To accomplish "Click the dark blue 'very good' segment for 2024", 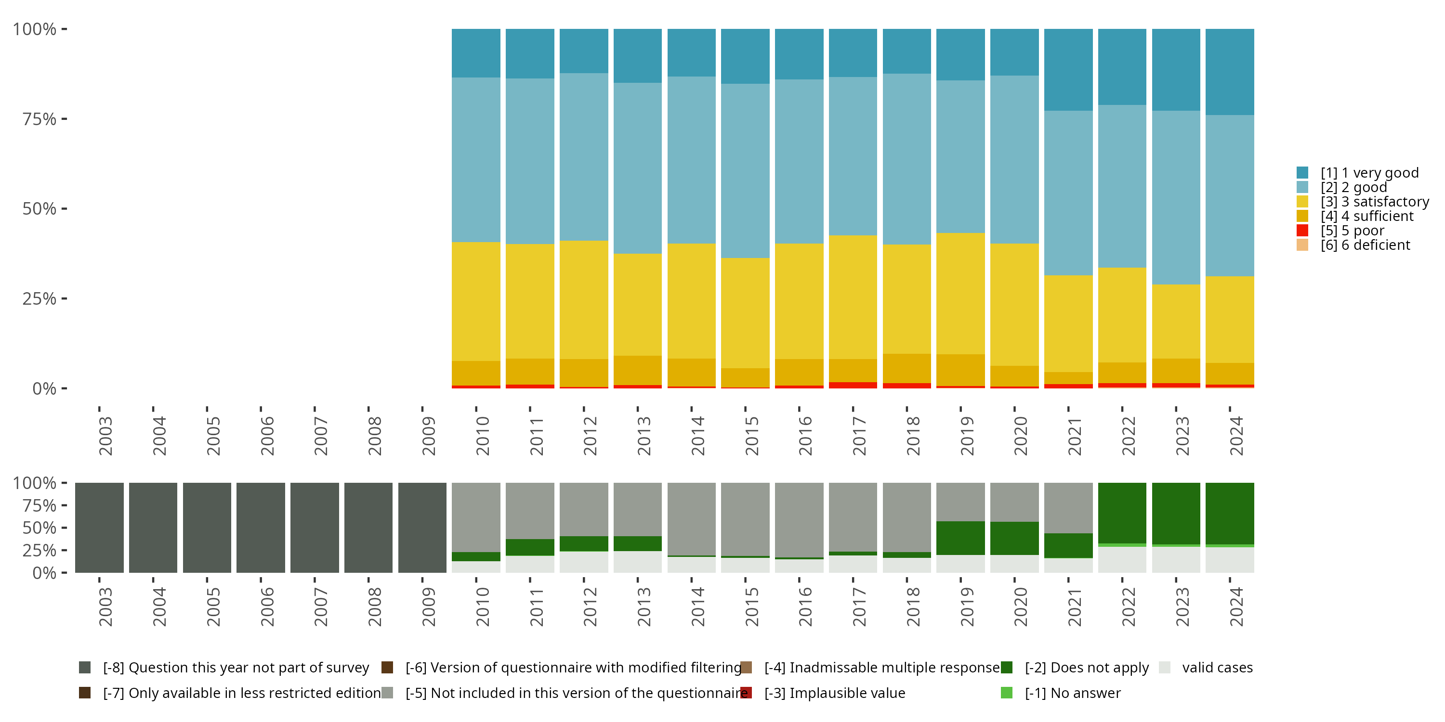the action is pyautogui.click(x=1230, y=72).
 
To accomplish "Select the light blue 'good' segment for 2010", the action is pyautogui.click(x=476, y=160).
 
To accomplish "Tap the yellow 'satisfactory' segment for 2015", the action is pyautogui.click(x=745, y=313).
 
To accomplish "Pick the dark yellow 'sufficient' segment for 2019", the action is pyautogui.click(x=960, y=370).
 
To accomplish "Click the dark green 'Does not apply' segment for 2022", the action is pyautogui.click(x=1122, y=513).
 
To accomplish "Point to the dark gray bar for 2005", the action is pyautogui.click(x=207, y=528).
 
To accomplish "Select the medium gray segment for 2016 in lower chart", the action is pyautogui.click(x=799, y=520).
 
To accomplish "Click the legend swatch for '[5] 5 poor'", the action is pyautogui.click(x=1302, y=231).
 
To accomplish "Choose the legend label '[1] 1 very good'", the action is pyautogui.click(x=1369, y=173).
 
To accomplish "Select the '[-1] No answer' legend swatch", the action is pyautogui.click(x=1007, y=693).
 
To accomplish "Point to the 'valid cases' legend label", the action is pyautogui.click(x=1217, y=668).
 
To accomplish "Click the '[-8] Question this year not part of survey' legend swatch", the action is pyautogui.click(x=85, y=668).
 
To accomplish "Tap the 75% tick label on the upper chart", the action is pyautogui.click(x=39, y=119).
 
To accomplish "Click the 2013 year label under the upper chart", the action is pyautogui.click(x=644, y=436).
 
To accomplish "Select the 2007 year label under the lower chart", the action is pyautogui.click(x=321, y=606).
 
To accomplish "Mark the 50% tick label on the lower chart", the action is pyautogui.click(x=39, y=528).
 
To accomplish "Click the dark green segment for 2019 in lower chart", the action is pyautogui.click(x=960, y=538).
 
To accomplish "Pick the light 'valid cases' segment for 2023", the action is pyautogui.click(x=1176, y=560).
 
